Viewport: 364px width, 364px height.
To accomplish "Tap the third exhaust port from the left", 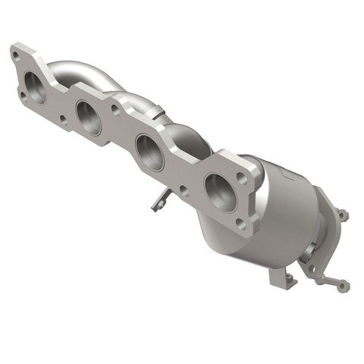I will [149, 150].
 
